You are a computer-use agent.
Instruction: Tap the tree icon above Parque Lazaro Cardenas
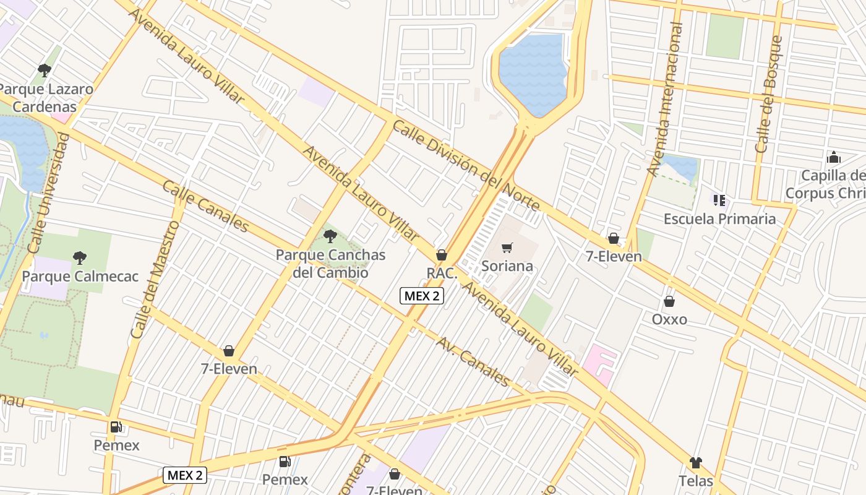44,71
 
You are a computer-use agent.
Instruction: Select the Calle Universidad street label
46,193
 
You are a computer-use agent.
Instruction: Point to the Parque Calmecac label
80,276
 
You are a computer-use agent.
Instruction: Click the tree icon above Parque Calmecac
79,257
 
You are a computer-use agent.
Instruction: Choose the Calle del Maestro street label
155,279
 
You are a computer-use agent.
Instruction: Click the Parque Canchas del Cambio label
330,264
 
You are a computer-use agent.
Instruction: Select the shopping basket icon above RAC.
442,255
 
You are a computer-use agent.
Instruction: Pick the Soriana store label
507,266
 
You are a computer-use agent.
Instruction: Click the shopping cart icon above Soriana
507,248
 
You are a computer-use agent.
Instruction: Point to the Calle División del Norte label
466,166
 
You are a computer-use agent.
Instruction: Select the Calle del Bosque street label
769,94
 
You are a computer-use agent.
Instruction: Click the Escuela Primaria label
719,218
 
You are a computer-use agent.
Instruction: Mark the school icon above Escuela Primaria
719,200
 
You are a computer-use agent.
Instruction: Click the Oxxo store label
669,319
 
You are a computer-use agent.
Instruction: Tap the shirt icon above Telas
696,463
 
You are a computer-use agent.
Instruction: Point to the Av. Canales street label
473,361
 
